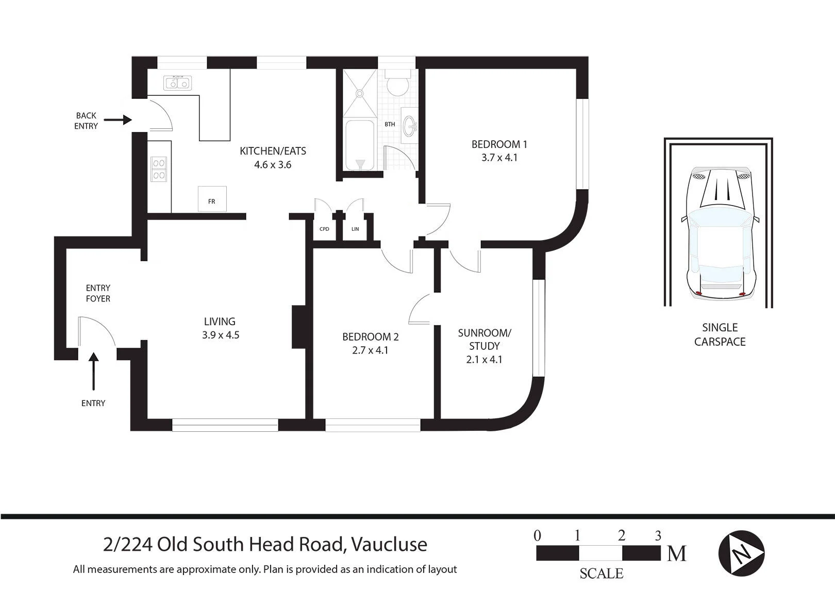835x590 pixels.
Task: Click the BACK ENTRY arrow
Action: pos(118,120)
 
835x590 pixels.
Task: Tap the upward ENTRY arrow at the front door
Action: pos(94,371)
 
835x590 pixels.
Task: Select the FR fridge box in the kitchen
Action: pos(212,199)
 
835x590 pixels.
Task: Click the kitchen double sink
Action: pos(178,83)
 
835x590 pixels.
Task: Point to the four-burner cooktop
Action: pos(159,169)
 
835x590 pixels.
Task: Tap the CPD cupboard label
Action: pos(324,229)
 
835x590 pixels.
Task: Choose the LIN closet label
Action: pos(355,229)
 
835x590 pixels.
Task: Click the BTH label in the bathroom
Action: pos(390,124)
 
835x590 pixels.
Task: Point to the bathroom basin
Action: pos(410,125)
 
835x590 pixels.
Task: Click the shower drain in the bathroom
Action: pos(360,93)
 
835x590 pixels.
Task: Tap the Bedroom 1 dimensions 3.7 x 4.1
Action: pos(499,158)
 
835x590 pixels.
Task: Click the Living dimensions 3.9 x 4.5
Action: pos(221,335)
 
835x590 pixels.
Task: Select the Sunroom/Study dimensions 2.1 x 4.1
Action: pos(484,360)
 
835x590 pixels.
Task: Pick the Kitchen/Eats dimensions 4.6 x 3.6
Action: pos(273,165)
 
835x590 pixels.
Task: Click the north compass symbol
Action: pos(741,553)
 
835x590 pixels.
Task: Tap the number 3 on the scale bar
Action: pos(658,536)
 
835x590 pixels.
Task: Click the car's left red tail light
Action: pos(699,294)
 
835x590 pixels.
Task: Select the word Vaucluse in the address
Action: pos(389,545)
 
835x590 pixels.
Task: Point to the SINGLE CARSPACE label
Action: pos(720,335)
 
